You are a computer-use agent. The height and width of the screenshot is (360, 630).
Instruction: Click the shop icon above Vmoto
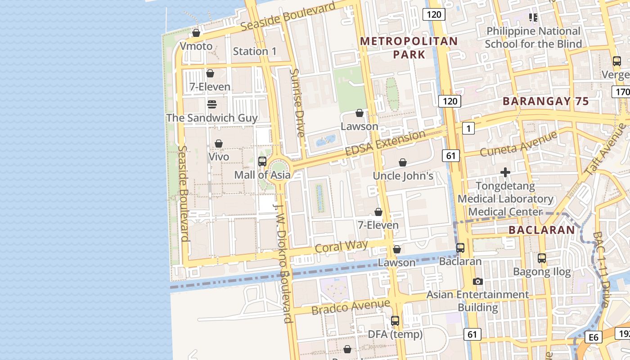[x=196, y=33]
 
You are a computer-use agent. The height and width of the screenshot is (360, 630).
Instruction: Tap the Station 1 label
[x=255, y=51]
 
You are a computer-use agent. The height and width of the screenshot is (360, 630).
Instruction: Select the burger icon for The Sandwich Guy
[x=212, y=104]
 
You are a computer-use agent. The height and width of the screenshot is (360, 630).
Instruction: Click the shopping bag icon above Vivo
[x=219, y=144]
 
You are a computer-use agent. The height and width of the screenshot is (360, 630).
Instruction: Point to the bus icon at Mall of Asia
[x=262, y=162]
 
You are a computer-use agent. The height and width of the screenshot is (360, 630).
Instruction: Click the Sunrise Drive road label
[x=297, y=103]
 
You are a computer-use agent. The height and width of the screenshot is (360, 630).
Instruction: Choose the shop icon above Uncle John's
[x=403, y=162]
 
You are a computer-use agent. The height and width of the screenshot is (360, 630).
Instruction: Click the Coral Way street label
[x=341, y=246]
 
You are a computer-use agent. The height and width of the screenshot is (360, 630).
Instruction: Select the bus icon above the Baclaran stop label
[x=460, y=248]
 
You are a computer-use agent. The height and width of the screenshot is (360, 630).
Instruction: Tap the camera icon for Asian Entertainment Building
[x=478, y=282]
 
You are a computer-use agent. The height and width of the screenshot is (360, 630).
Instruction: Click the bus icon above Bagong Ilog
[x=542, y=258]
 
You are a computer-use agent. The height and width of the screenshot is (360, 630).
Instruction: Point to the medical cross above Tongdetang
[x=505, y=172]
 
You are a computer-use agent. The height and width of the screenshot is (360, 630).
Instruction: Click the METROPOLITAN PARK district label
[x=409, y=48]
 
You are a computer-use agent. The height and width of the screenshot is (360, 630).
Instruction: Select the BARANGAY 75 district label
[x=545, y=101]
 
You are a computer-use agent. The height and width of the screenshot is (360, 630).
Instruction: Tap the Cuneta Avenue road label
[x=518, y=144]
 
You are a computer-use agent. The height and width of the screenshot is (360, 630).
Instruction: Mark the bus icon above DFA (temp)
[x=395, y=321]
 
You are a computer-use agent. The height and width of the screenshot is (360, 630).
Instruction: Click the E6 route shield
[x=594, y=337]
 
